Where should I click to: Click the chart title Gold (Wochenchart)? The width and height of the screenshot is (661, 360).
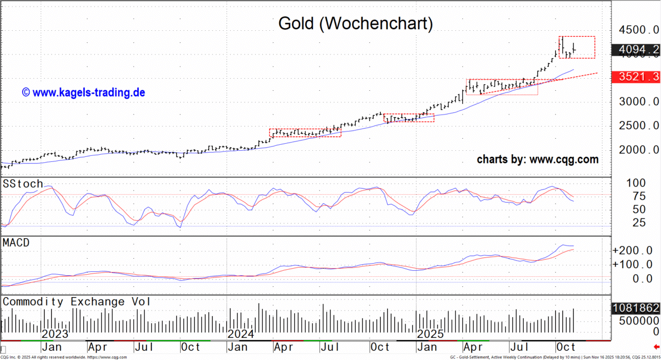355,24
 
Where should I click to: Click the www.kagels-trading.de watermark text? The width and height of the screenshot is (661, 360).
83,92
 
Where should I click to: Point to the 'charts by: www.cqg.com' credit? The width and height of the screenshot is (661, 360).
537,160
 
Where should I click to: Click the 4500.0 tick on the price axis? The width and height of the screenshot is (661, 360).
638,30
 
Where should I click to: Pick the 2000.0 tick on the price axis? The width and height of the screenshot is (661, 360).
638,150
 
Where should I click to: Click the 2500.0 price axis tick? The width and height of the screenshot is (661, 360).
638,126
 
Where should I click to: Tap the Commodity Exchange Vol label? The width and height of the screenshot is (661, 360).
77,302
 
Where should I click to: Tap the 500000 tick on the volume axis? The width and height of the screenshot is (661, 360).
636,320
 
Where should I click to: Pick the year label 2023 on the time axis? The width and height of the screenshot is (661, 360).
56,334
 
